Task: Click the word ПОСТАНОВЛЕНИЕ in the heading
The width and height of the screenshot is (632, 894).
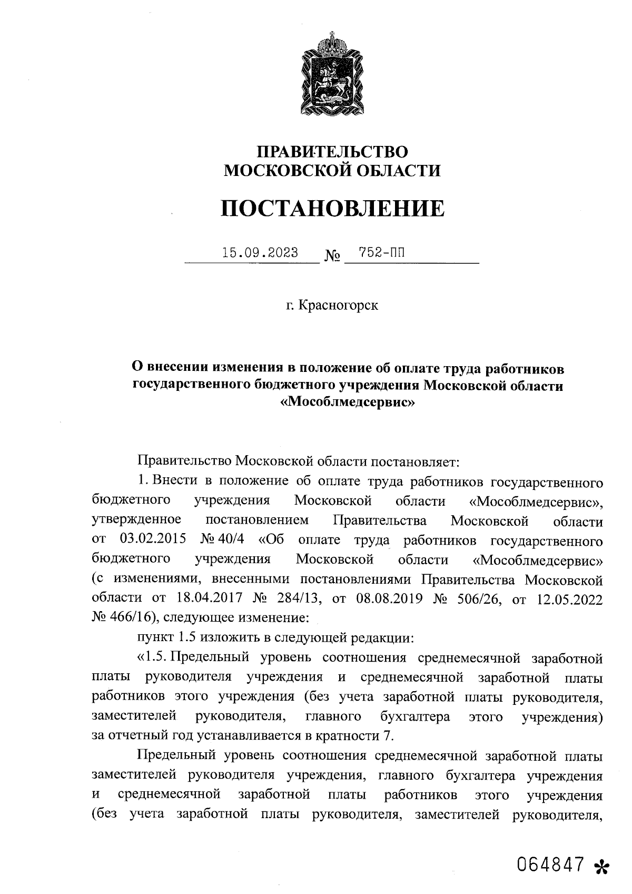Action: click(x=332, y=209)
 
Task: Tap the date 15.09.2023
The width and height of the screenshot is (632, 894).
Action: click(x=260, y=253)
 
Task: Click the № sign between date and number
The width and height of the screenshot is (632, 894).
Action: click(x=332, y=257)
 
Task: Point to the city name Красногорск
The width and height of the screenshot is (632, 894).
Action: click(x=338, y=306)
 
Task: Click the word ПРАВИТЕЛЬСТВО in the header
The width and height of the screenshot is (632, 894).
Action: click(x=332, y=152)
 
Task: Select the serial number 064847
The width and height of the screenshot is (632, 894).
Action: click(x=551, y=865)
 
